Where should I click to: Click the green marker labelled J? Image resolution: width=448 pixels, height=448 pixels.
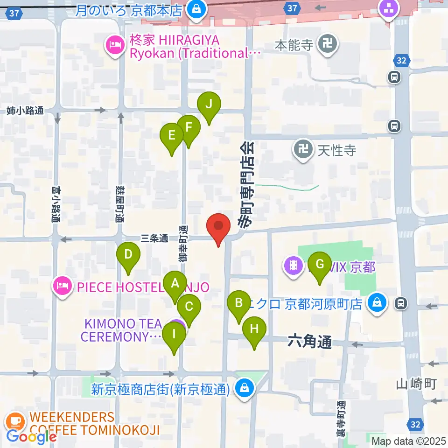click(x=209, y=105)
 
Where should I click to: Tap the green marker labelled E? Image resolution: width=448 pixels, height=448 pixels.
click(x=172, y=136)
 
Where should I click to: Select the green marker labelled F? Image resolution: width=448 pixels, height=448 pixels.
click(x=189, y=127)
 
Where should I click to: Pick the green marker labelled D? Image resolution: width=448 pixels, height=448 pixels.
click(x=129, y=255)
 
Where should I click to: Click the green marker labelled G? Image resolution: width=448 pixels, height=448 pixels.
click(x=320, y=265)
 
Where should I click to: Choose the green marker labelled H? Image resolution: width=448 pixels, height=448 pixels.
click(x=254, y=329)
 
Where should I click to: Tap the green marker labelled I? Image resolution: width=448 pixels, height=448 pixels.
click(x=175, y=335)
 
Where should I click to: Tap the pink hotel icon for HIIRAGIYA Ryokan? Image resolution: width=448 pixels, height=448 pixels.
click(x=114, y=45)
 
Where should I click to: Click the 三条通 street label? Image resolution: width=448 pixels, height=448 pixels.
click(x=154, y=238)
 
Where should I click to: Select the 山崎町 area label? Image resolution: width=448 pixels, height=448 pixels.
click(x=416, y=384)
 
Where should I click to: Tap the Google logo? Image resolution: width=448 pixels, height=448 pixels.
click(x=31, y=437)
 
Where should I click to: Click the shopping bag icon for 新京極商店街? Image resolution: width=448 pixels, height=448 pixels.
click(x=243, y=387)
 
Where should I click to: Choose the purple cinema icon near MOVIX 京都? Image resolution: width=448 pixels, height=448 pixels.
click(x=293, y=266)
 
